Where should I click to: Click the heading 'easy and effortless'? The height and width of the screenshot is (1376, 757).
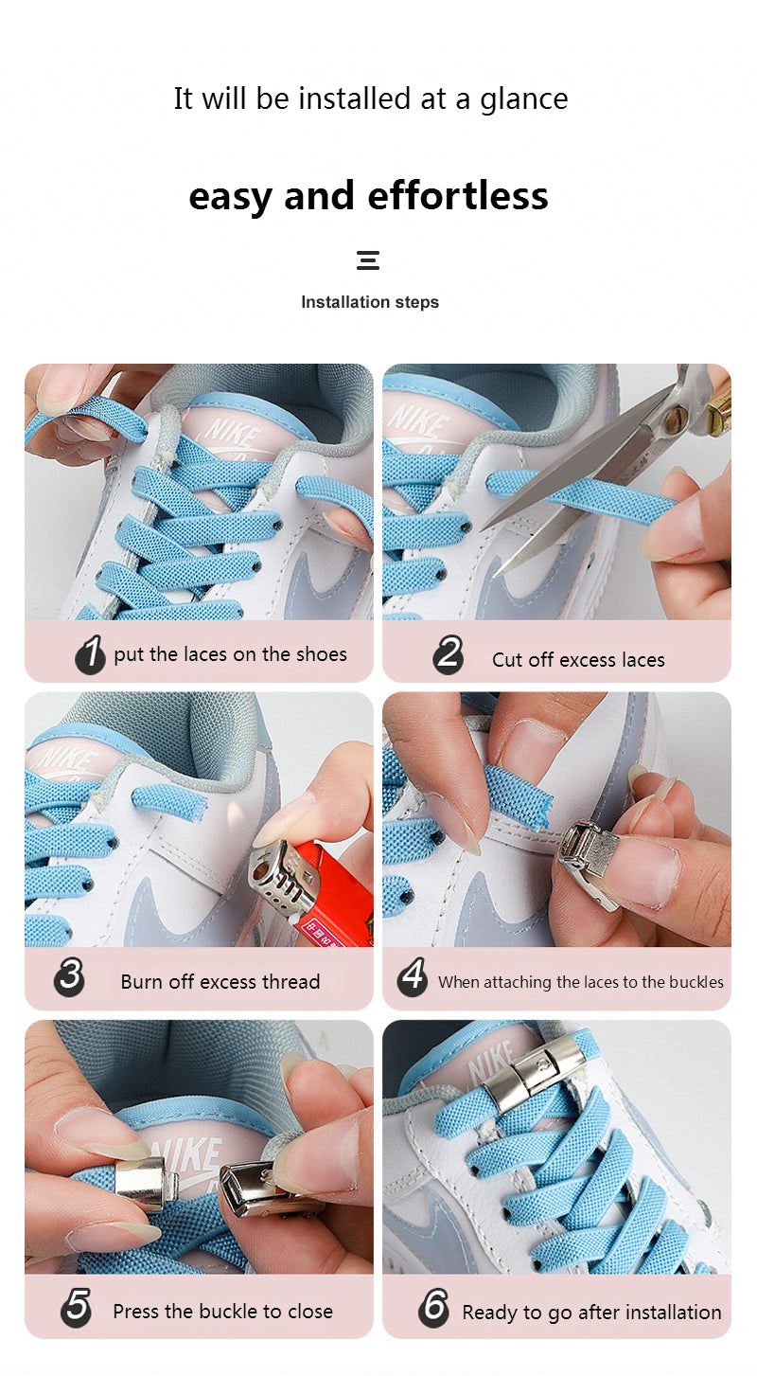point(368,196)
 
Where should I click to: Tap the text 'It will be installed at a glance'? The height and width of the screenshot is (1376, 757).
point(370,98)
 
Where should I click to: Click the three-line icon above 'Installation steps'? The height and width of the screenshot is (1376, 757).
point(368,260)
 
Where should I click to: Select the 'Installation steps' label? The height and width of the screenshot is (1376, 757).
point(370,302)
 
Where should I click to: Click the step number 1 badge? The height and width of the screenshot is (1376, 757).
point(90,654)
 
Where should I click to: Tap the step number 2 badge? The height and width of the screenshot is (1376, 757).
point(449,655)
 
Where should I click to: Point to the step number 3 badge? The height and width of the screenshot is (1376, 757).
point(70,977)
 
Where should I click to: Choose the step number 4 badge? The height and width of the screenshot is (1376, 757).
point(412,977)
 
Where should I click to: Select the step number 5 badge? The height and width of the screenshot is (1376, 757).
point(76,1307)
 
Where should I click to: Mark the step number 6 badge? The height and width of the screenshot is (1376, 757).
point(433,1308)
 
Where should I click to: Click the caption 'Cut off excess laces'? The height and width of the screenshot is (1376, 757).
point(578,660)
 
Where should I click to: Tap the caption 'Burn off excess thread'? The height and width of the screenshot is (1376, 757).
point(220,982)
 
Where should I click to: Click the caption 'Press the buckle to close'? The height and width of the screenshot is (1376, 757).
point(222,1312)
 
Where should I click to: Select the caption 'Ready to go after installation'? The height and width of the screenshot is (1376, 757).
point(591,1313)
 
